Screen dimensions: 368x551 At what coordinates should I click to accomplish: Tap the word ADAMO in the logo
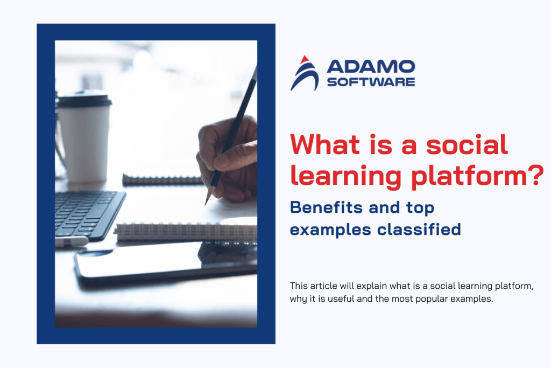pos(371,67)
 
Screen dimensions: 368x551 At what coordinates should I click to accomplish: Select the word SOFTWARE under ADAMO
pos(371,82)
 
